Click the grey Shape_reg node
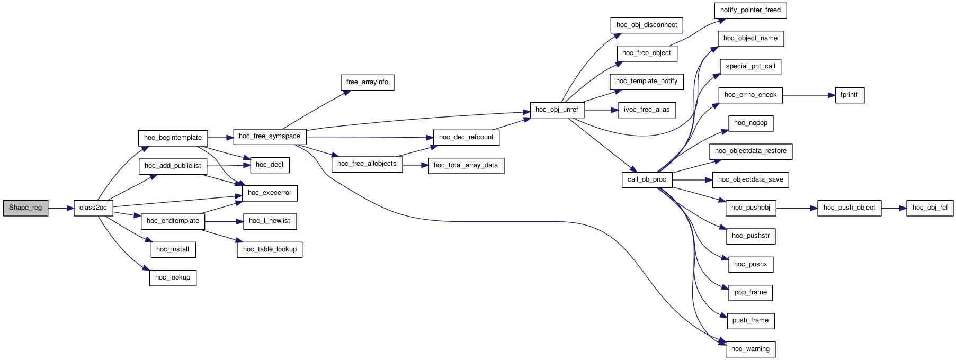pyautogui.click(x=25, y=208)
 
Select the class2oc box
pyautogui.click(x=93, y=208)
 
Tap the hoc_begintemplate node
pyautogui.click(x=173, y=138)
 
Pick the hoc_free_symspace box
pyautogui.click(x=270, y=137)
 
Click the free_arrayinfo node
pyautogui.click(x=367, y=83)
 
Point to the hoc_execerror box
pyautogui.click(x=270, y=193)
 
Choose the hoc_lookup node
pyautogui.click(x=173, y=278)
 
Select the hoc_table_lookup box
pyautogui.click(x=270, y=250)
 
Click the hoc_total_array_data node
pyautogui.click(x=466, y=166)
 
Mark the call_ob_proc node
pyautogui.click(x=647, y=180)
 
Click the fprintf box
pyautogui.click(x=850, y=96)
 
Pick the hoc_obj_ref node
pyautogui.click(x=930, y=208)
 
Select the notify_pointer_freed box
pyautogui.click(x=750, y=11)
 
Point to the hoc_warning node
pyautogui.click(x=750, y=349)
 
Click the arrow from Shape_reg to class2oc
pyautogui.click(x=61, y=208)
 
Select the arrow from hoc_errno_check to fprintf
pyautogui.click(x=808, y=95)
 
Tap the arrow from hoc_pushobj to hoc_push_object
pyautogui.click(x=797, y=208)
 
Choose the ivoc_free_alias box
pyautogui.click(x=647, y=110)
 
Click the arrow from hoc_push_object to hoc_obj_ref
pyautogui.click(x=895, y=208)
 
